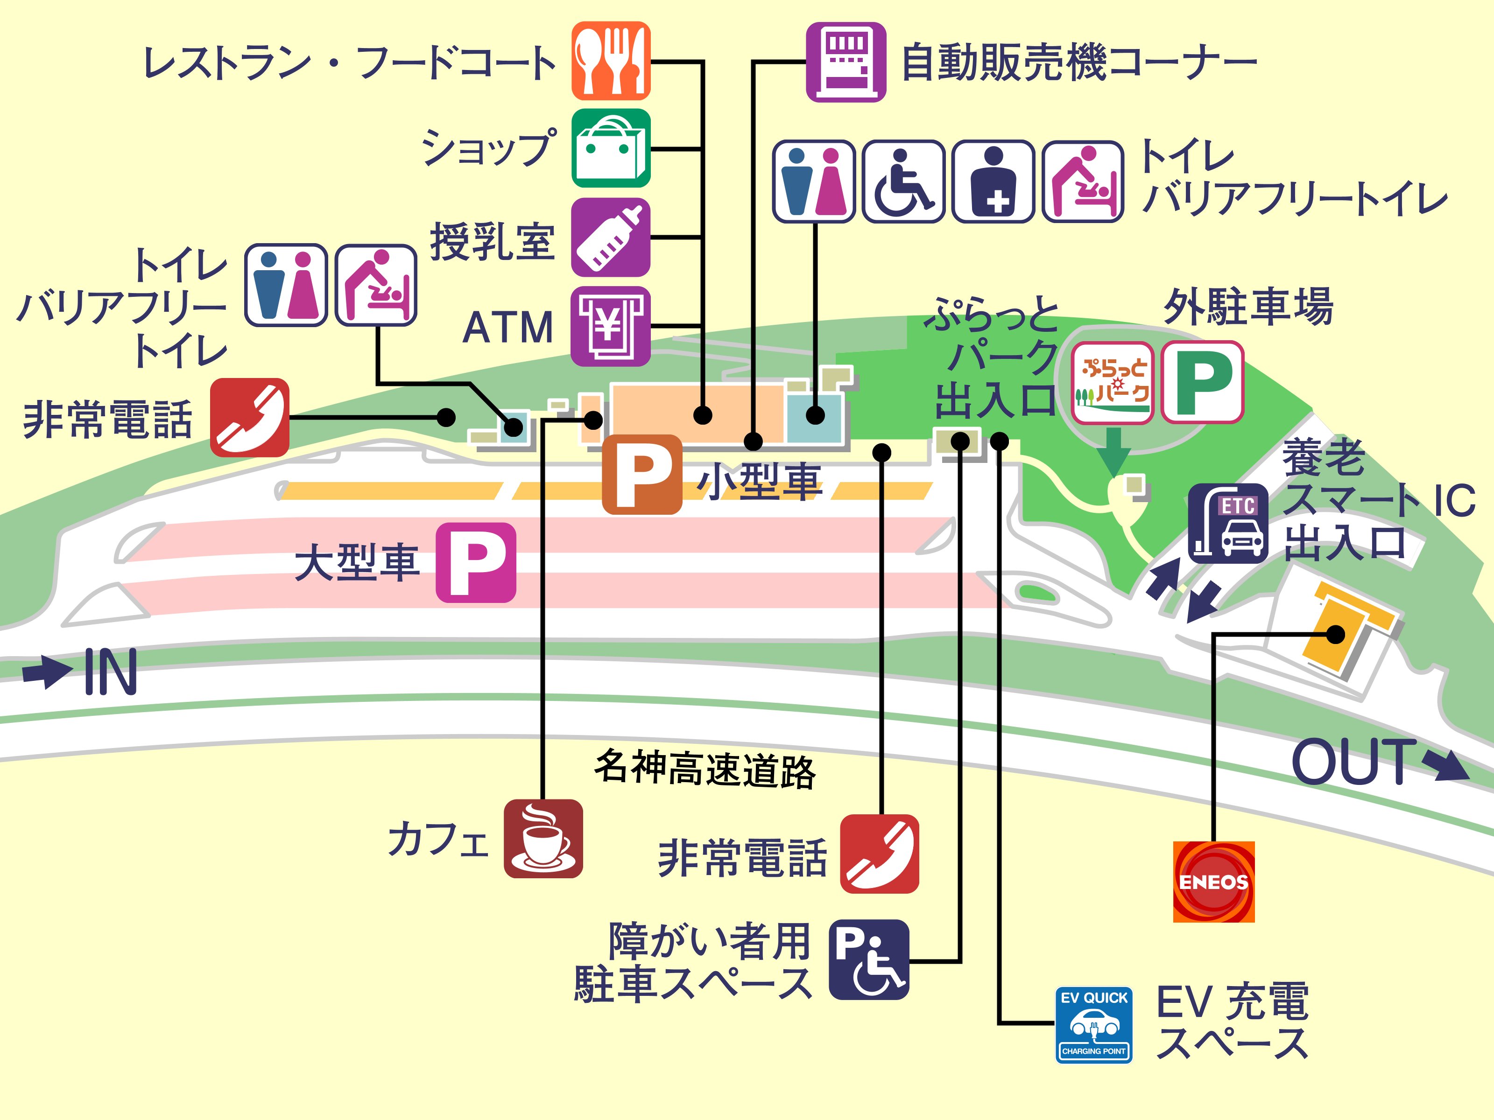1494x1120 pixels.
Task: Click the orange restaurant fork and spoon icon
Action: click(x=611, y=61)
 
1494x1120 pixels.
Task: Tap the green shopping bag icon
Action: click(x=611, y=148)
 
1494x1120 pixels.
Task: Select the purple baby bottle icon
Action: click(x=611, y=237)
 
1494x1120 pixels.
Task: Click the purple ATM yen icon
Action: click(x=611, y=326)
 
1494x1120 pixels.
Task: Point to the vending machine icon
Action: click(x=846, y=62)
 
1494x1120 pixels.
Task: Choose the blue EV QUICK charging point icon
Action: click(x=1093, y=1025)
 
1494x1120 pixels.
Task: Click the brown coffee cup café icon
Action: click(x=543, y=839)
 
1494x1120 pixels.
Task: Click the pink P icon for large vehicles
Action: click(x=475, y=562)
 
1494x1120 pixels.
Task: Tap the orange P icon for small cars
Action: click(x=641, y=474)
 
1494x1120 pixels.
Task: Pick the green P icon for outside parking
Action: click(x=1202, y=383)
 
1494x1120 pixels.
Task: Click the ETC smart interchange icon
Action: click(x=1228, y=523)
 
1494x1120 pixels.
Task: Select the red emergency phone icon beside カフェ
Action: click(x=880, y=854)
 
